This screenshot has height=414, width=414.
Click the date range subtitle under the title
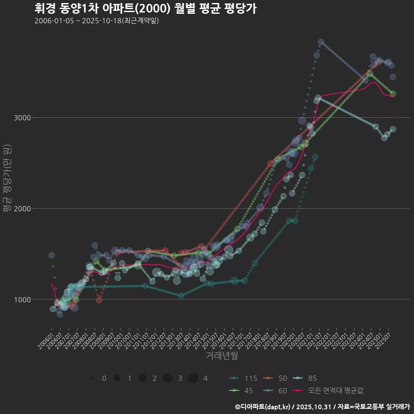(97, 21)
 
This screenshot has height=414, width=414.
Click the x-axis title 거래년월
(222, 355)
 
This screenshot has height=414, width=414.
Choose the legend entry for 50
(276, 378)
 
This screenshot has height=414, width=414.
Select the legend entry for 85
(306, 378)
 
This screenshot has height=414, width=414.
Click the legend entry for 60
(276, 390)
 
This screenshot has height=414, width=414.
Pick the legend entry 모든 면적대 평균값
(330, 390)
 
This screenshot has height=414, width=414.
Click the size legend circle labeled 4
(193, 378)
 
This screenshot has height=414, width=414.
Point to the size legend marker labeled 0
(92, 378)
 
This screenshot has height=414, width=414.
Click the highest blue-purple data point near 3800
(321, 42)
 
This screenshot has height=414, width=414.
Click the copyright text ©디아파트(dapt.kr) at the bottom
(263, 406)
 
